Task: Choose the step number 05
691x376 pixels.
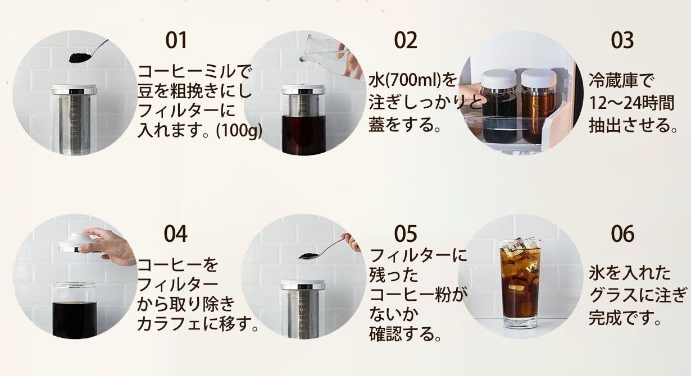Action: click(x=406, y=233)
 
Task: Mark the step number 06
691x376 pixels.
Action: click(x=622, y=233)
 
